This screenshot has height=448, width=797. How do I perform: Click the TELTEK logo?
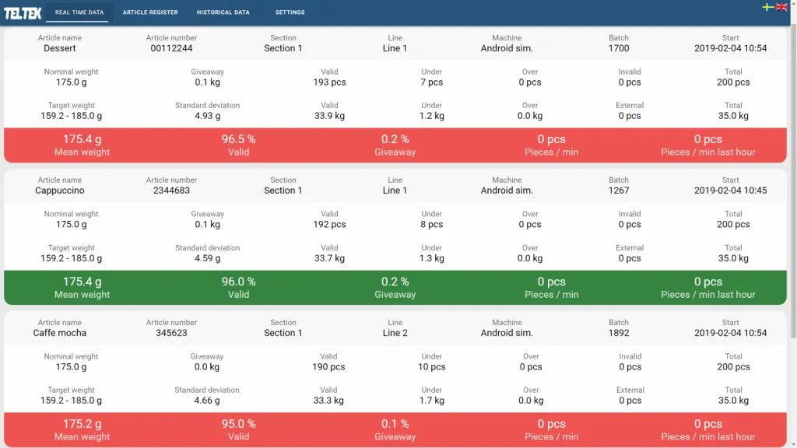[x=23, y=12]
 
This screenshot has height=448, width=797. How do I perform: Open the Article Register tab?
[x=150, y=12]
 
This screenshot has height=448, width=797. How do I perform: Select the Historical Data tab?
[x=223, y=12]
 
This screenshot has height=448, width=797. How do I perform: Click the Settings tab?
[x=290, y=12]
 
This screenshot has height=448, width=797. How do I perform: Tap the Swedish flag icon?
[x=767, y=7]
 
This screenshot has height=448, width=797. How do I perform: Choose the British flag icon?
[x=781, y=7]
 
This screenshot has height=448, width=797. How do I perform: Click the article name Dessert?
[x=60, y=48]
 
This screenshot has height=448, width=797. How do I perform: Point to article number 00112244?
[x=171, y=48]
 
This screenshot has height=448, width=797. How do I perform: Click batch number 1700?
[x=619, y=48]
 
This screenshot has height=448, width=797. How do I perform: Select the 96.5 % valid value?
[x=238, y=139]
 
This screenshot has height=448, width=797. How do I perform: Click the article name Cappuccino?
[x=60, y=191]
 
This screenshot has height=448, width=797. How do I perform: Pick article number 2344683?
[x=171, y=191]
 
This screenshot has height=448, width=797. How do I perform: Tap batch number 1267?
[x=619, y=191]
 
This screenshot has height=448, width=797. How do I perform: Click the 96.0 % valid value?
[x=238, y=282]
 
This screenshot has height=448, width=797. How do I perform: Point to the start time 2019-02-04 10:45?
[x=730, y=191]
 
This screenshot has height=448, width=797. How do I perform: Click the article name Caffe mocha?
[x=60, y=333]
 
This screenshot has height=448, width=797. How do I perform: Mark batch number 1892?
[x=619, y=333]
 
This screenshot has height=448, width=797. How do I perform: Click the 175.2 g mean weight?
[x=82, y=424]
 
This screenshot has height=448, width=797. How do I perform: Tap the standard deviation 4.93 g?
[x=207, y=116]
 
